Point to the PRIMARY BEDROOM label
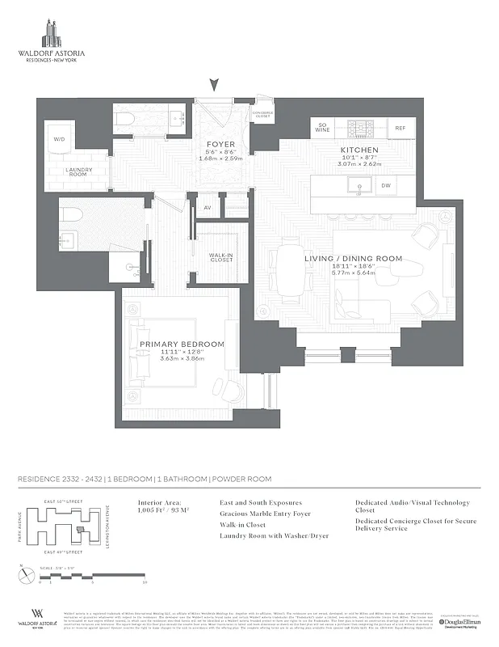coord(182,345)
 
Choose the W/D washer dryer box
coord(59,139)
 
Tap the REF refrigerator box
coord(400,128)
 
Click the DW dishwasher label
coord(387,186)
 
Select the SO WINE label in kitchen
coord(322,127)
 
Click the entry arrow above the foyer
coord(214,84)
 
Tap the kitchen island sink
coord(359,186)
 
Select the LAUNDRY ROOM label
coord(78,172)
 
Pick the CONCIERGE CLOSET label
coord(262,115)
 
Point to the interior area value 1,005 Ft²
coord(162,510)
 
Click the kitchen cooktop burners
coord(359,127)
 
